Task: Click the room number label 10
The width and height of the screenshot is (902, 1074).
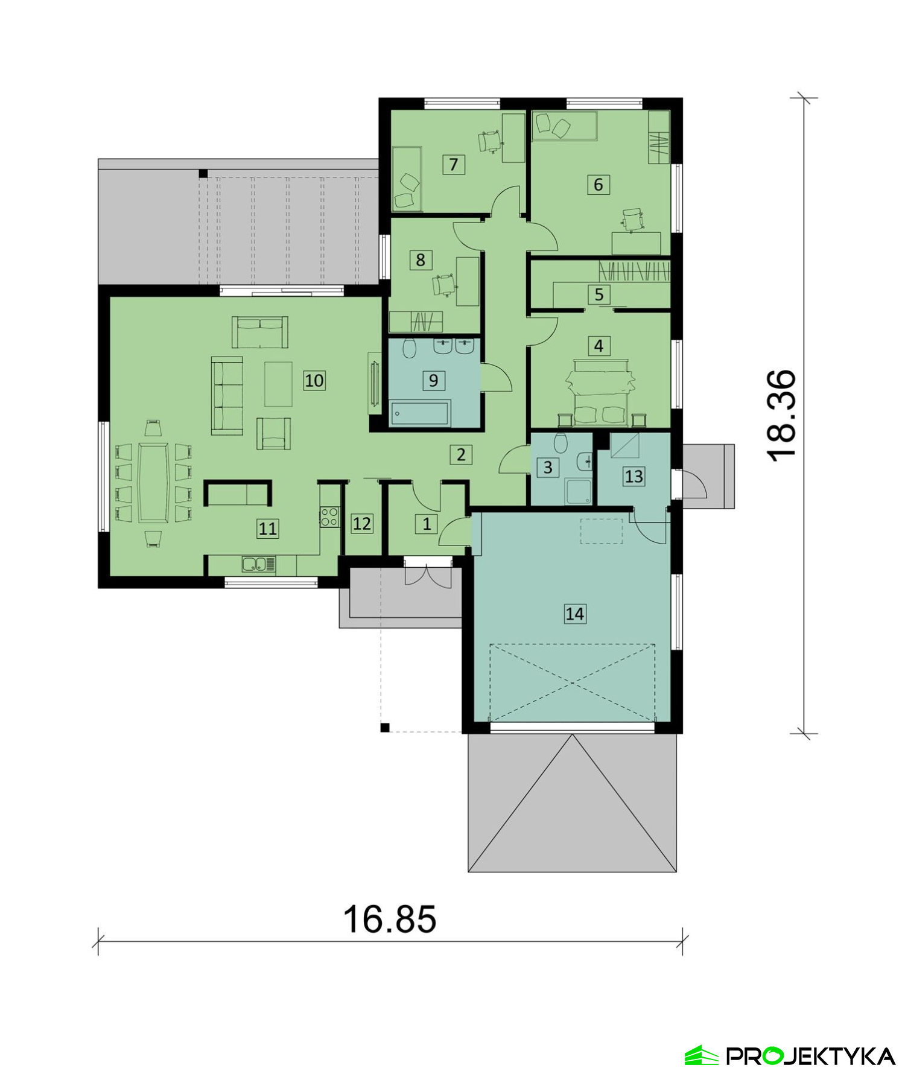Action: coord(314,380)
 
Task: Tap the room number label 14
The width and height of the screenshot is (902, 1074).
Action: coord(574,614)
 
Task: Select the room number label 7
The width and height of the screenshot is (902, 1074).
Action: coord(453,164)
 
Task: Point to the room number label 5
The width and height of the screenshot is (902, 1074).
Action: coord(599,294)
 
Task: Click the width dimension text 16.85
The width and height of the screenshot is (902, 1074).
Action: coord(389,918)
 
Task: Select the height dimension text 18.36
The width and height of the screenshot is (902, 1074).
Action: coord(782,416)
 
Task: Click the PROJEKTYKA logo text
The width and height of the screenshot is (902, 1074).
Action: coord(810,1056)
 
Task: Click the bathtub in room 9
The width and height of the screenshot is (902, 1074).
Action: coord(419,413)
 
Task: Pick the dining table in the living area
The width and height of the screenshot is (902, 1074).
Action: coord(153,483)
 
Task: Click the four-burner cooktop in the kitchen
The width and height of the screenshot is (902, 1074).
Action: coord(329,516)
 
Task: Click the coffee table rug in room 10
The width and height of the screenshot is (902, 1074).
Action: coord(278,384)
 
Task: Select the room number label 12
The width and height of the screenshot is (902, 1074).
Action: coord(361,523)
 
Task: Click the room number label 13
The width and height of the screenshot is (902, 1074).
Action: coord(634,476)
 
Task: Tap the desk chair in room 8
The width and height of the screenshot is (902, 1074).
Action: coord(443,284)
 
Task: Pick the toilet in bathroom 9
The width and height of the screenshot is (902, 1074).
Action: coord(410,348)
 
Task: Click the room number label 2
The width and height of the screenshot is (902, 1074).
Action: coord(460,454)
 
